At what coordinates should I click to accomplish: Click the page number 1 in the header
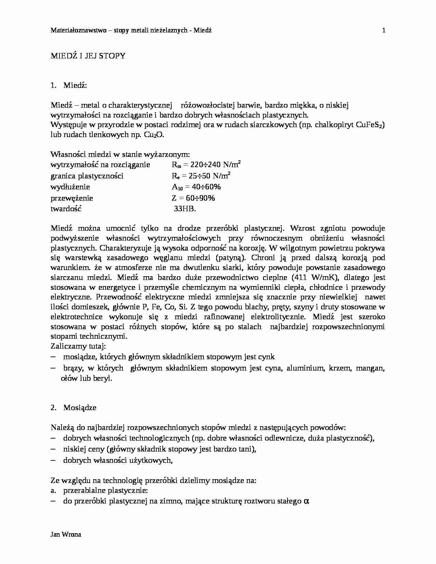tap(384, 30)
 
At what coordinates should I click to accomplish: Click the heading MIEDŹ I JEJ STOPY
tap(88, 56)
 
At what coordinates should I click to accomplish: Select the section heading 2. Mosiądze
tap(74, 407)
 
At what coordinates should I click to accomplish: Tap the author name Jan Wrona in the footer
tap(66, 535)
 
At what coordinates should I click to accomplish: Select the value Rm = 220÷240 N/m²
tap(206, 165)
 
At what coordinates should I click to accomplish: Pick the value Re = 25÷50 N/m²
tap(201, 176)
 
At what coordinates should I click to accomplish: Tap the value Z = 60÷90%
tap(193, 198)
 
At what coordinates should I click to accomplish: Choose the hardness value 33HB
tap(185, 209)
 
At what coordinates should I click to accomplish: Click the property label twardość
tap(66, 209)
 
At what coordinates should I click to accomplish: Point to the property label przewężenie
tap(72, 198)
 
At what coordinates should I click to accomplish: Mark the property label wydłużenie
tap(70, 187)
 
